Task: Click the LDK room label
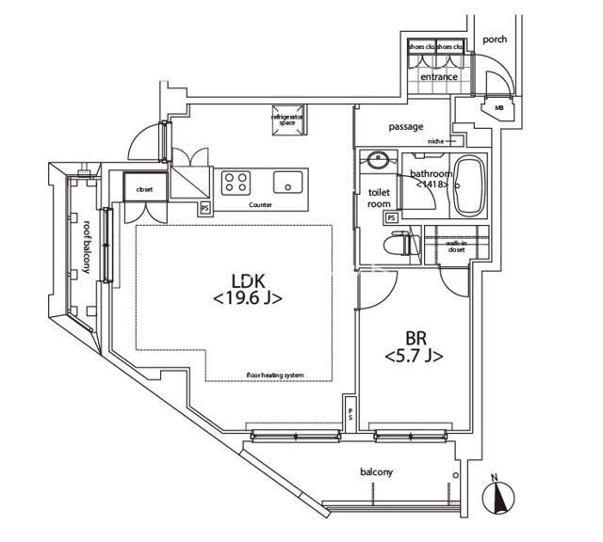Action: coord(248,279)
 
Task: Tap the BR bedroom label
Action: coord(413,337)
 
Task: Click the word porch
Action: coord(495,40)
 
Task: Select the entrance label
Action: coord(439,77)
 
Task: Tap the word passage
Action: coord(406,127)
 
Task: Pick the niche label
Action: coord(434,141)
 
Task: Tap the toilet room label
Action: coord(379,198)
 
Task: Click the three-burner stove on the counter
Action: coord(236,180)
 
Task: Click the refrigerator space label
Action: coord(286,117)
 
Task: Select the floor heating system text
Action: coord(275,375)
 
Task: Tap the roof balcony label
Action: coord(86,247)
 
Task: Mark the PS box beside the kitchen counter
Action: coord(204,209)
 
